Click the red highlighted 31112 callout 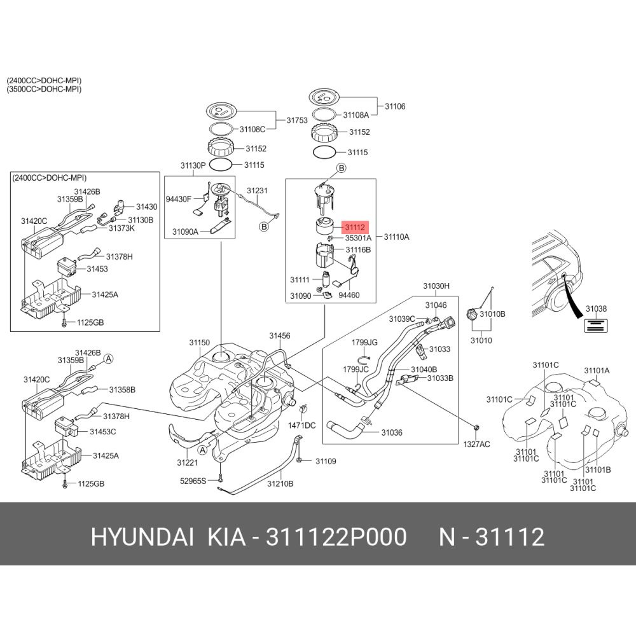coord(355,226)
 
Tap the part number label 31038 coord(595,308)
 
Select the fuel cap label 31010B coord(492,314)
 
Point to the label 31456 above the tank coord(279,335)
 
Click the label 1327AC coord(476,444)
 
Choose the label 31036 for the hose coord(392,432)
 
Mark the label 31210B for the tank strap coord(280,484)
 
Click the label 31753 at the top coord(297,120)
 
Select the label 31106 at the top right coord(395,107)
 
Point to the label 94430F coord(179,199)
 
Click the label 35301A coord(358,237)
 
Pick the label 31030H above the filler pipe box coord(436,287)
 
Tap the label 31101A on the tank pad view coord(597,370)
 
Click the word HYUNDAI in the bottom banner coord(142,538)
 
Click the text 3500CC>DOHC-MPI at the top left coord(44,89)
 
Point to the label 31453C coord(103,431)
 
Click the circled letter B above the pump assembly coord(341,169)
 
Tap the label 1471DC coord(303,425)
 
